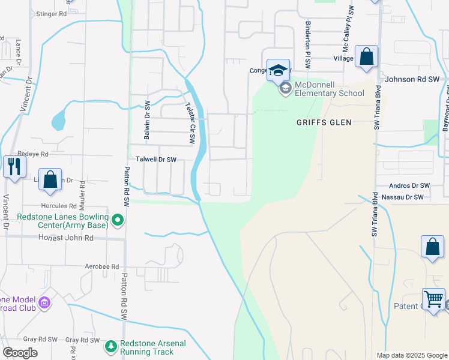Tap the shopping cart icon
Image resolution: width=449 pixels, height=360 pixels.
433,299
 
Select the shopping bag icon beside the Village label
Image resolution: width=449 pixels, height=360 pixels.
366,58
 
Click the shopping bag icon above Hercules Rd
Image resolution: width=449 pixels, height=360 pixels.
50,179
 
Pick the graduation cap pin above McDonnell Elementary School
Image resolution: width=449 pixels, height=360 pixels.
278,70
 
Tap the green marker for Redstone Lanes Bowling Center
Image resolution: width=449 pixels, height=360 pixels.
118,221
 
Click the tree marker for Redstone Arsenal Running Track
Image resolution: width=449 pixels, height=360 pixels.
110,346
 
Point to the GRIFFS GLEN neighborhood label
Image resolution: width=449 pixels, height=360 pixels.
324,122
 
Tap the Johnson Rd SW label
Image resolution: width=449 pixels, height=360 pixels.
414,79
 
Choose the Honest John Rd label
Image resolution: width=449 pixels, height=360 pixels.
66,238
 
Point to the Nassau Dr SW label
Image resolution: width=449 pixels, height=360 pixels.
402,197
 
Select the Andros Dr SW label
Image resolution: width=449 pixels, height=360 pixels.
409,186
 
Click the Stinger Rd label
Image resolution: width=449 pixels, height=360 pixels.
51,13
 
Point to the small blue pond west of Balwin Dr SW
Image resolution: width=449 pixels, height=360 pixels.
58,121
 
